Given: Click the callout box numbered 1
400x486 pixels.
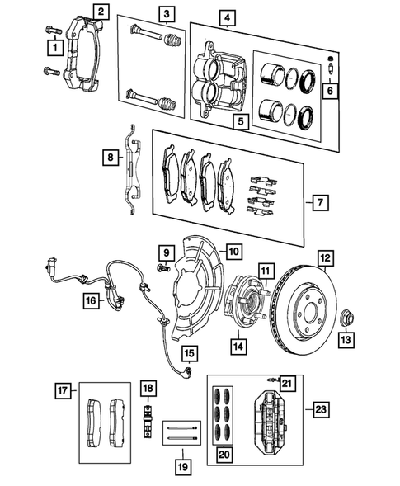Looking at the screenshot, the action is [55, 48].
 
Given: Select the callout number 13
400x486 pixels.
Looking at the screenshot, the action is [346, 340].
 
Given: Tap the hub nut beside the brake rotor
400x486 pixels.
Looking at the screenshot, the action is [346, 318].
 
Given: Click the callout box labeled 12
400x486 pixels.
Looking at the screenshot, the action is [326, 258].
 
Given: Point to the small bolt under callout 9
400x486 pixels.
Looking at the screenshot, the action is [163, 267].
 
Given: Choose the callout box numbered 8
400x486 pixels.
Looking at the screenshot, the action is [111, 158].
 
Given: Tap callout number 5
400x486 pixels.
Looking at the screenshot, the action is [241, 121].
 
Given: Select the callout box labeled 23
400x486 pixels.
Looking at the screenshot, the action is [320, 409].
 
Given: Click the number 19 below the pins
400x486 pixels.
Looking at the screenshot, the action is [183, 466].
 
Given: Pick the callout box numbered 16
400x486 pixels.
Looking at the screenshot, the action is [92, 300].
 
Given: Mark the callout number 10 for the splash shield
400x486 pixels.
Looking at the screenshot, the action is [234, 252].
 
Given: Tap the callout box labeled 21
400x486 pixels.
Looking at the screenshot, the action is [287, 383].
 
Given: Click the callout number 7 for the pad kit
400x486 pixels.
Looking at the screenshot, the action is [320, 202].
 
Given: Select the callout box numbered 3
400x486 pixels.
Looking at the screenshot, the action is [167, 14].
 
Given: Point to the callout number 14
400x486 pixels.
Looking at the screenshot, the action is [238, 347].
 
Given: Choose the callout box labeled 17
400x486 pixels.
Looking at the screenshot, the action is [63, 390].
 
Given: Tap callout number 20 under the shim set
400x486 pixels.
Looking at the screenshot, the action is [224, 455].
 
